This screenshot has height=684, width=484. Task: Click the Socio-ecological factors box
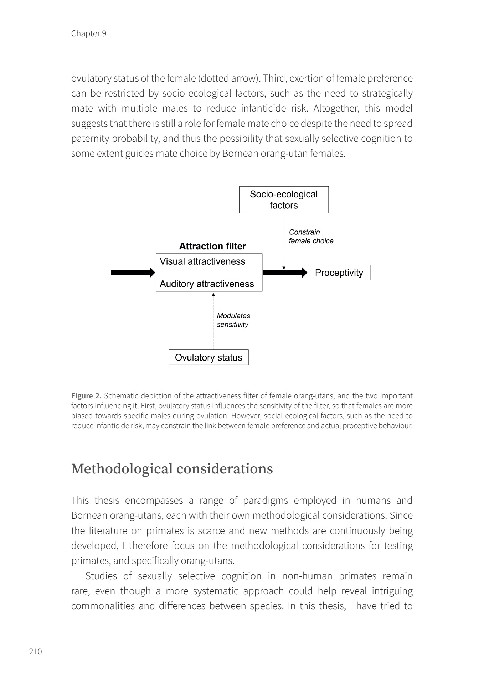point(284,199)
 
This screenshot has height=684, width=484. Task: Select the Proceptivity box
point(339,273)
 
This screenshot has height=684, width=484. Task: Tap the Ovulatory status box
point(208,357)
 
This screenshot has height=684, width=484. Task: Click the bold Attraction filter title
point(212,246)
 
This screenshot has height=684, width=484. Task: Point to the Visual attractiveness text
point(202,261)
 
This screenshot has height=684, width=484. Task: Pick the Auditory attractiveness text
point(207,284)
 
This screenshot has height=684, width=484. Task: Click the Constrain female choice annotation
point(311,237)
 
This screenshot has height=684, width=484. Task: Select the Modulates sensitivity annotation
point(233,320)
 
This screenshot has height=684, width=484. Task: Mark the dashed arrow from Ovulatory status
point(213,321)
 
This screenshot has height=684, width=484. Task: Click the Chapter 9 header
point(89,33)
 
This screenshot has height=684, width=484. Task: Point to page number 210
point(35,651)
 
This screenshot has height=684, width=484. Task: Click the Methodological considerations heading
point(172,468)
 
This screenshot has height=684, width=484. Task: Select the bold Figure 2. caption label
point(87,396)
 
